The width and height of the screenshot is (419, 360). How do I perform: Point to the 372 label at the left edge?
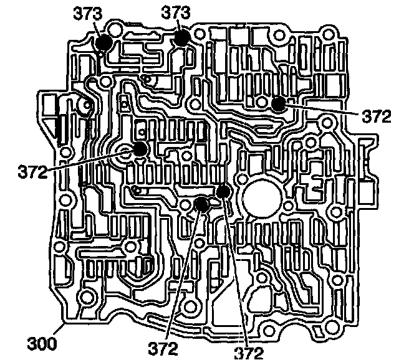32,170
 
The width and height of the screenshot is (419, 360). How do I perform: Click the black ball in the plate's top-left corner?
104,42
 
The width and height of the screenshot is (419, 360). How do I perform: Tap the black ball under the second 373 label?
181,37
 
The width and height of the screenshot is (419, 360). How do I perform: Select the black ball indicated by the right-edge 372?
277,103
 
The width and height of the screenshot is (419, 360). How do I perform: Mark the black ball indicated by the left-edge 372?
139,149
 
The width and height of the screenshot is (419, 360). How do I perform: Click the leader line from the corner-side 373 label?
97,28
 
